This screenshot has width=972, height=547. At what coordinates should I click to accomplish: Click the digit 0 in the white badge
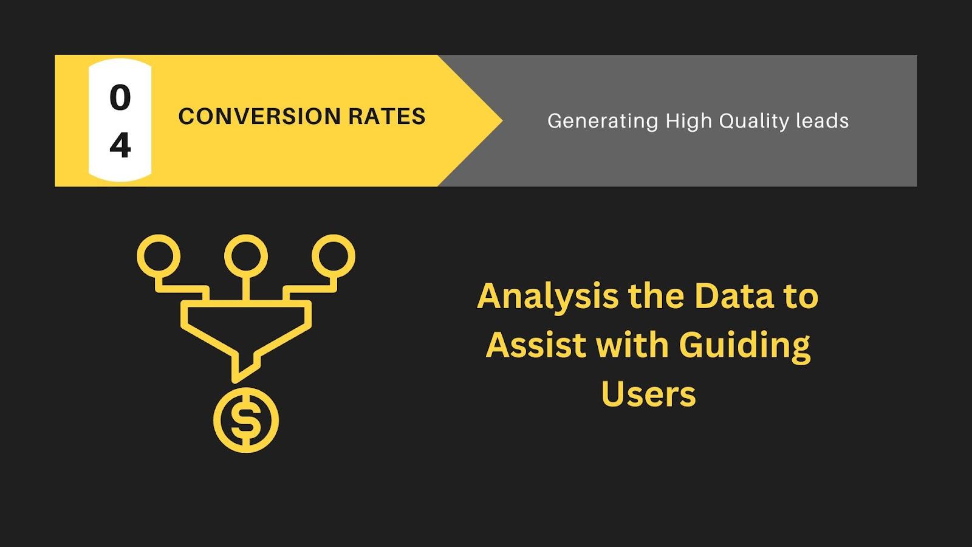point(120,97)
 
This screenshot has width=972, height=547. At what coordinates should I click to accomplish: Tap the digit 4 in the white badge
point(120,145)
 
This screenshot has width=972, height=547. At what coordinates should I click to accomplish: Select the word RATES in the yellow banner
point(387,116)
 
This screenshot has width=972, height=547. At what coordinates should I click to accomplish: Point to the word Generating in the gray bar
point(603,121)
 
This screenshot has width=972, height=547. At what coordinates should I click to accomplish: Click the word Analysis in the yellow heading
point(547,297)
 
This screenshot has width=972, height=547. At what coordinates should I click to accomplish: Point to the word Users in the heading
point(648,394)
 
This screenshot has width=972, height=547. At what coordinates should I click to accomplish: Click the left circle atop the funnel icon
point(159,256)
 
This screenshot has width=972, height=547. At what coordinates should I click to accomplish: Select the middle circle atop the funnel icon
point(246,256)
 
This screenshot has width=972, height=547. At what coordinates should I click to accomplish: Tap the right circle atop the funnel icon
point(334,256)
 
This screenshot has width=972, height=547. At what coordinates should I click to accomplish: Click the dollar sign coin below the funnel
point(246,420)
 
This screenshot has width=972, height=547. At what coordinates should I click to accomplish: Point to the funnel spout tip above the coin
point(234,380)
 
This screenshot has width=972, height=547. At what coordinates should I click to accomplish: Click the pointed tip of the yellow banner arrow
point(502,121)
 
